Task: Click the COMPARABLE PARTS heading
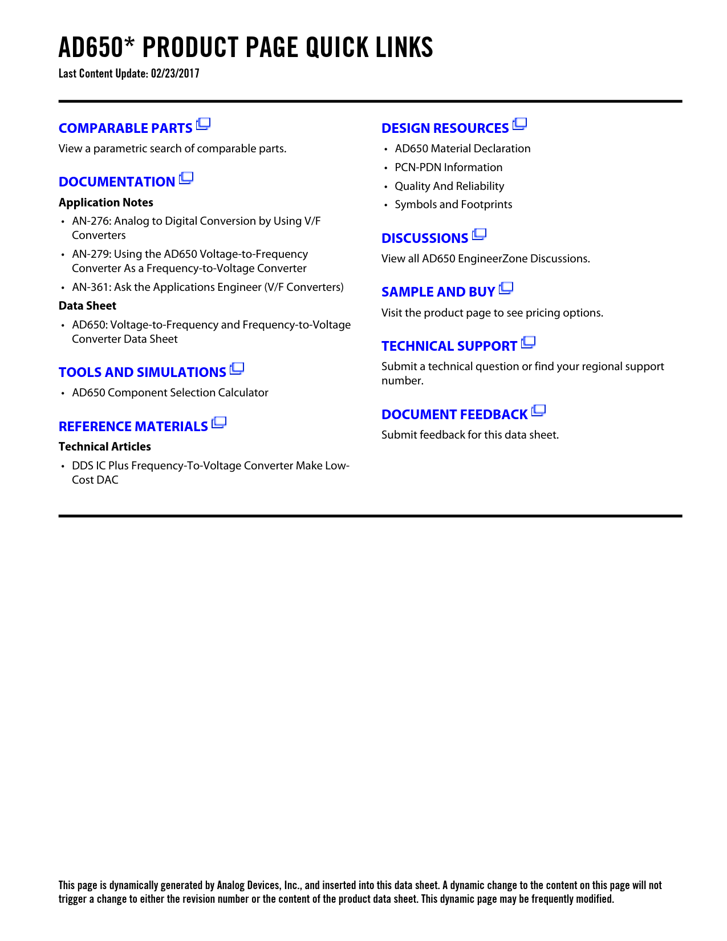click(125, 128)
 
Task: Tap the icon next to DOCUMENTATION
click(186, 179)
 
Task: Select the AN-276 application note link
click(196, 228)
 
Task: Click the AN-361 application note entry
click(208, 287)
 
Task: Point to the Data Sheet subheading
click(87, 306)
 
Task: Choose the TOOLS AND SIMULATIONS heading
click(143, 372)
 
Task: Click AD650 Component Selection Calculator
click(170, 392)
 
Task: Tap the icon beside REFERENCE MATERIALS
click(219, 423)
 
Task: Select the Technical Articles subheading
click(105, 447)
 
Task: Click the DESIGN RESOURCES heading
click(445, 128)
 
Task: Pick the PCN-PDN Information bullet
click(448, 167)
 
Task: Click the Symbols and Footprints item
click(453, 204)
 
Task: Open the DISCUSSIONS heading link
click(425, 238)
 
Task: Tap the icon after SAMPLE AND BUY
click(506, 289)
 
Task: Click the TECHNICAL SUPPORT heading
click(449, 346)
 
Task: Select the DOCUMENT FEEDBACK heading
click(454, 415)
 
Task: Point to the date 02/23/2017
click(175, 74)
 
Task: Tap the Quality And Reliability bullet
click(449, 186)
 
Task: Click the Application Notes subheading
click(106, 202)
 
